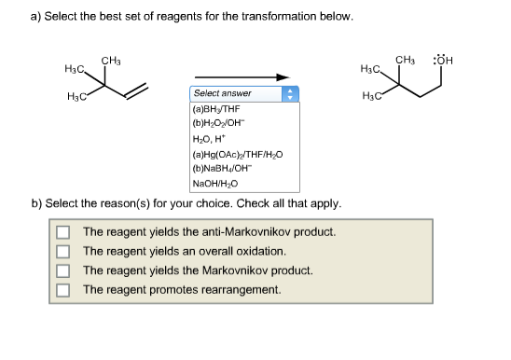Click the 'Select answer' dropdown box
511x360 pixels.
point(237,94)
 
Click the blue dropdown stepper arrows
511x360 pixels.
point(290,94)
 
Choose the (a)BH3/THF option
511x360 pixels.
point(215,109)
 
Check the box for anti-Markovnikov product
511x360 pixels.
point(62,231)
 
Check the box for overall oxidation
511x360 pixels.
point(62,251)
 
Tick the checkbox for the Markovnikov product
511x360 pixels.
point(62,270)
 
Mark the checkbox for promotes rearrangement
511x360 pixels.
point(62,289)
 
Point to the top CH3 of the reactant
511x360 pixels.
point(110,61)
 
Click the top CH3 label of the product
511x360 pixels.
point(405,62)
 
